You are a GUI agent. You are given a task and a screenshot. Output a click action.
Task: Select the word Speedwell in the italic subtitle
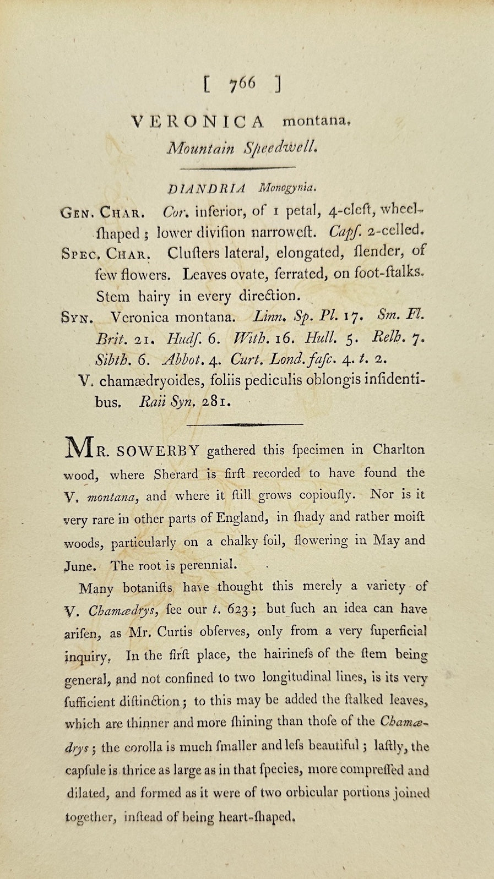(x=281, y=148)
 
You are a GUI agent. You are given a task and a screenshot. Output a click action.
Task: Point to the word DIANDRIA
(x=207, y=188)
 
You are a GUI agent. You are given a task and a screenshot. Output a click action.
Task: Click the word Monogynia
(x=287, y=188)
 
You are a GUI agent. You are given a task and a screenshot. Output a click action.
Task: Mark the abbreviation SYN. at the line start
(x=77, y=319)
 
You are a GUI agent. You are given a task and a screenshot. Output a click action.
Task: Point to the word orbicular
(x=302, y=793)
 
